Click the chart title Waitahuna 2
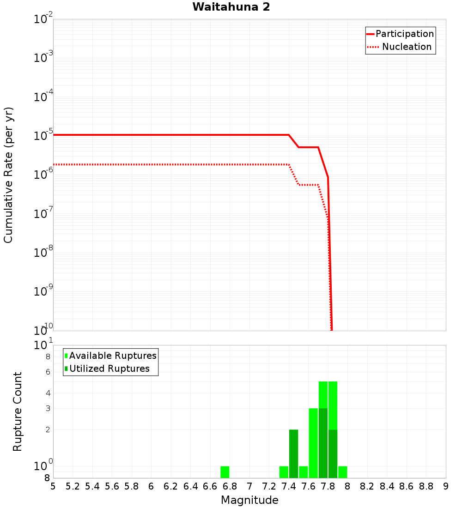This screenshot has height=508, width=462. pyautogui.click(x=231, y=7)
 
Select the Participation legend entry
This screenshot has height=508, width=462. pyautogui.click(x=404, y=34)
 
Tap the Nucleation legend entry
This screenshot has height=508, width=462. pyautogui.click(x=406, y=47)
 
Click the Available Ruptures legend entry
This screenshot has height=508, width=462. pyautogui.click(x=113, y=356)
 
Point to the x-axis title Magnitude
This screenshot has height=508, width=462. pyautogui.click(x=249, y=500)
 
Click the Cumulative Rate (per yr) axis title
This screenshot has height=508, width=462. pyautogui.click(x=8, y=175)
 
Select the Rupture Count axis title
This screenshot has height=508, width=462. pyautogui.click(x=18, y=411)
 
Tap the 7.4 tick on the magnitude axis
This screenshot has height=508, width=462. pyautogui.click(x=289, y=486)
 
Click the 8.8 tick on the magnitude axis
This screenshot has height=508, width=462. pyautogui.click(x=426, y=486)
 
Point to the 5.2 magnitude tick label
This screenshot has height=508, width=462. pyautogui.click(x=73, y=486)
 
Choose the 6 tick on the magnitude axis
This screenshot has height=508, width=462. pyautogui.click(x=151, y=486)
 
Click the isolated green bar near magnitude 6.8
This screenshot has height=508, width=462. pyautogui.click(x=225, y=472)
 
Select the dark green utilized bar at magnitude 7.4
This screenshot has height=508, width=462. pyautogui.click(x=293, y=454)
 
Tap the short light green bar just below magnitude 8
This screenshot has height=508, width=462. pyautogui.click(x=343, y=472)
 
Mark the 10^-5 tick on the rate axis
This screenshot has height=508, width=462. pyautogui.click(x=43, y=135)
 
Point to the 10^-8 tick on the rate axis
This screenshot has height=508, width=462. pyautogui.click(x=43, y=252)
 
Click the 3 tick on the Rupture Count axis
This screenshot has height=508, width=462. pyautogui.click(x=47, y=408)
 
